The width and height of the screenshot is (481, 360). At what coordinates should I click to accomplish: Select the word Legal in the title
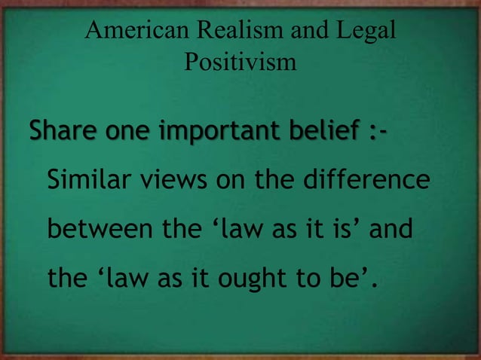367,31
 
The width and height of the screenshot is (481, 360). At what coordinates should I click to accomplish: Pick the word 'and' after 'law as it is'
391,230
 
